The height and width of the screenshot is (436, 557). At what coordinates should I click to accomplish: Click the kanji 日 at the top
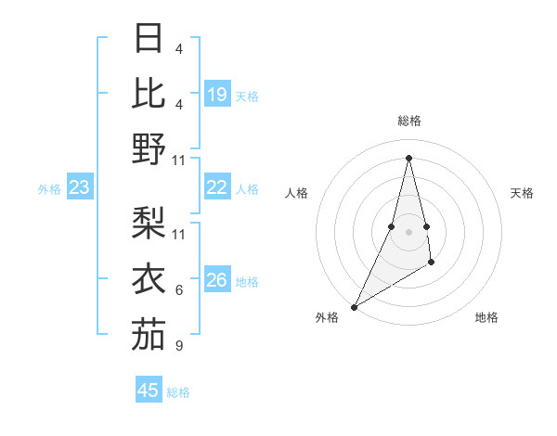(x=149, y=38)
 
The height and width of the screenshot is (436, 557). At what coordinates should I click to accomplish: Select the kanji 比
(x=149, y=92)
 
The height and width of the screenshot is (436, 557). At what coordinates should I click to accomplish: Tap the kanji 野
(x=149, y=147)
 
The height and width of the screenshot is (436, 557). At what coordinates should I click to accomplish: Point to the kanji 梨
(x=149, y=223)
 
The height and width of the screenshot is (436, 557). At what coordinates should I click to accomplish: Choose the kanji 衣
(x=149, y=278)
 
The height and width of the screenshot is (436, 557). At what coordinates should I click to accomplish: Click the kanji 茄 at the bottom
(x=149, y=334)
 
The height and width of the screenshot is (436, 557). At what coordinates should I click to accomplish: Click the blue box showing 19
(x=217, y=94)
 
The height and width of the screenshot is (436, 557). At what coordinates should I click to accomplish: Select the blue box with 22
(x=217, y=187)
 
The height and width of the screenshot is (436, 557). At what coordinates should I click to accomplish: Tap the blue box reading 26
(x=217, y=280)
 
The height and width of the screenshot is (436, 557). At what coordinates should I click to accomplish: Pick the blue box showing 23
(x=80, y=187)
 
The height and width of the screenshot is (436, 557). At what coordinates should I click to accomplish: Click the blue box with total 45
(x=149, y=391)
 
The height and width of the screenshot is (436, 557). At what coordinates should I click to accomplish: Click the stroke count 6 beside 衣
(x=179, y=290)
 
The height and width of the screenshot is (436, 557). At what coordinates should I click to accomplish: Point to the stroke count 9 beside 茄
(x=179, y=346)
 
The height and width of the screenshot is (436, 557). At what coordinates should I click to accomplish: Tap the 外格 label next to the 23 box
(x=49, y=189)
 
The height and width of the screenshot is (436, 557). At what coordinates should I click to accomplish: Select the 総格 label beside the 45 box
(x=178, y=392)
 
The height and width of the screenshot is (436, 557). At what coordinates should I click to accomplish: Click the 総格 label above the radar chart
(x=408, y=121)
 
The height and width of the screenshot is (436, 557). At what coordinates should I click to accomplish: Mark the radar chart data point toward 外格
(x=355, y=306)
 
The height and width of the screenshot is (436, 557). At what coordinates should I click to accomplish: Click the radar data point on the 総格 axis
(x=408, y=157)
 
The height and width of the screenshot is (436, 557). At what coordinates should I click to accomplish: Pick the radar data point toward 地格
(x=432, y=263)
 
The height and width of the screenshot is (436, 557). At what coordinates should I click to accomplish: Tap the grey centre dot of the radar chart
(x=408, y=231)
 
